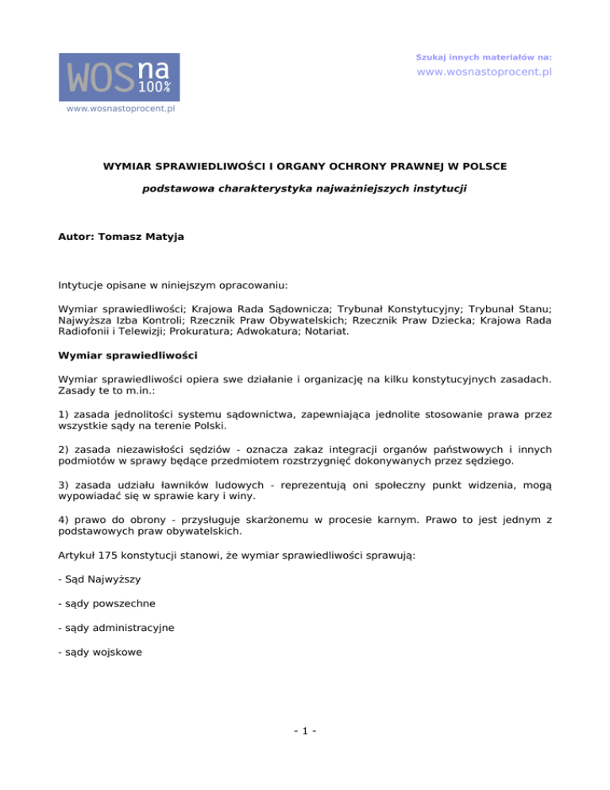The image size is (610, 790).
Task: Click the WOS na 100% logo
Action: click(x=119, y=77)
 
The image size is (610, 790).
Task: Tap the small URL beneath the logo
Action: click(x=119, y=109)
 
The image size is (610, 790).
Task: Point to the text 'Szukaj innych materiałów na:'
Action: click(x=484, y=57)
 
